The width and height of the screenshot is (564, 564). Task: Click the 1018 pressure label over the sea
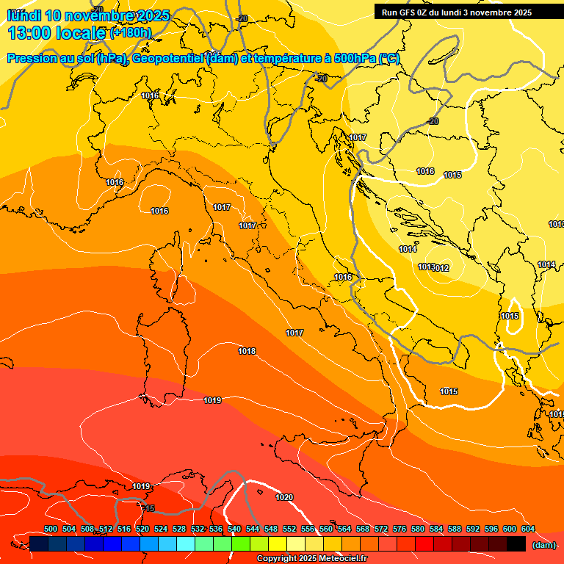pos(247,352)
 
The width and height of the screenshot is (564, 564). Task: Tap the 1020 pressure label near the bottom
pos(284,498)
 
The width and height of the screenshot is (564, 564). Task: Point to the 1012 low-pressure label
pos(441,268)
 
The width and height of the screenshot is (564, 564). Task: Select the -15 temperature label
pos(148,509)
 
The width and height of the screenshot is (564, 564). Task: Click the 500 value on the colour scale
pos(51,529)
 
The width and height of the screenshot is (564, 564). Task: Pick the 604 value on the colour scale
pos(527,529)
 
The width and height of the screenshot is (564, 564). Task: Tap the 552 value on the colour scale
pos(289,529)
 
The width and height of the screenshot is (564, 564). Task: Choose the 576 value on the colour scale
pos(399,529)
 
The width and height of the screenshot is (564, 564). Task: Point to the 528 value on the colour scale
pos(179,529)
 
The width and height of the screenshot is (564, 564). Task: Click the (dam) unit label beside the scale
pos(543,544)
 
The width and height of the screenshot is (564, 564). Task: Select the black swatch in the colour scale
pos(516,544)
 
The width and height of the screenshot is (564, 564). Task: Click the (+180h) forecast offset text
pos(131,33)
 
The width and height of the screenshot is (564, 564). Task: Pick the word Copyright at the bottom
pos(276,559)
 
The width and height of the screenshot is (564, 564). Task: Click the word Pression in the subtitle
pos(32,59)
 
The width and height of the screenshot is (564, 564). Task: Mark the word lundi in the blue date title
pos(22,15)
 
